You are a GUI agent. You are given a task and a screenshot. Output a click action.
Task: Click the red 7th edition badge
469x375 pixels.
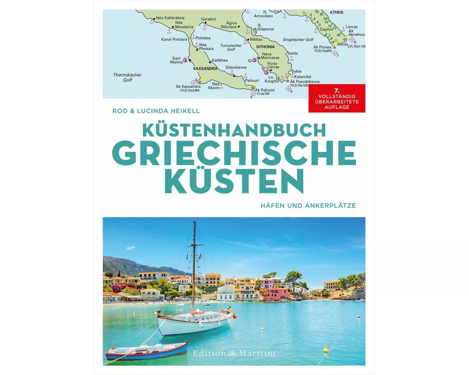(x=337, y=98)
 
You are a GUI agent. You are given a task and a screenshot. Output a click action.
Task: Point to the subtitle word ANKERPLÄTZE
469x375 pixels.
(x=331, y=205)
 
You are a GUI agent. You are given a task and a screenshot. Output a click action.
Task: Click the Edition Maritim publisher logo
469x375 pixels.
(x=234, y=353)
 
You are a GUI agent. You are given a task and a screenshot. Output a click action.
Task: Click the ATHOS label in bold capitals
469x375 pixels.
(x=336, y=13)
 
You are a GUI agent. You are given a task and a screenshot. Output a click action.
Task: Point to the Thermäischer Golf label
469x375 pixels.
(x=127, y=77)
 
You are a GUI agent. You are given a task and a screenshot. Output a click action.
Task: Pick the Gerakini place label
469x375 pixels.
(x=209, y=19)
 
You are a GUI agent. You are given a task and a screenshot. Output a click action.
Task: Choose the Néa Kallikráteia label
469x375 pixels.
(x=169, y=18)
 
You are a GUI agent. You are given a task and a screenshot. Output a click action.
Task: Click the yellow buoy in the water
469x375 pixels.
(x=325, y=349)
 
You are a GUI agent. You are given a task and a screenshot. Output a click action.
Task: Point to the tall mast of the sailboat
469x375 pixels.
(x=194, y=264)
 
